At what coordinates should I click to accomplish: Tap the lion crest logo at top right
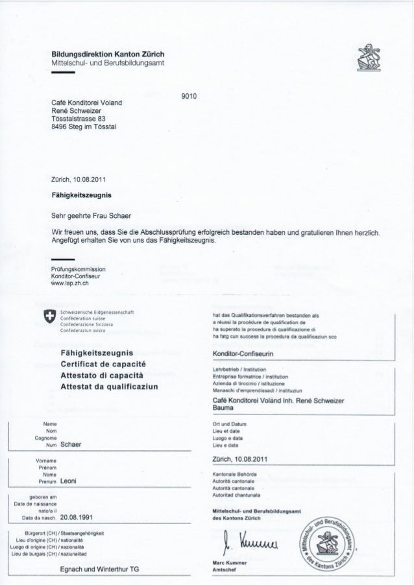[x=377, y=58]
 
